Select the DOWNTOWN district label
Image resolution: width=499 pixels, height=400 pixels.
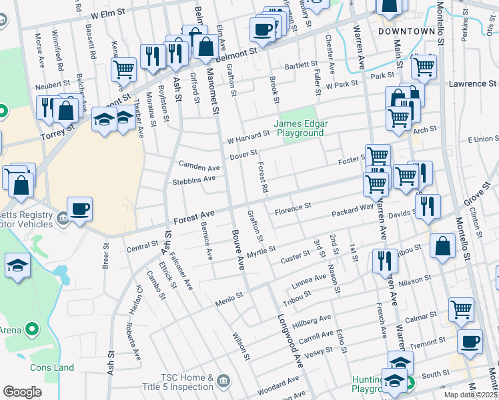point(402,31)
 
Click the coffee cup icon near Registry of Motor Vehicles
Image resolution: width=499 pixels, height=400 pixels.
point(79,209)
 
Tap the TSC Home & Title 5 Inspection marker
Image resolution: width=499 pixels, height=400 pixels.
point(223,381)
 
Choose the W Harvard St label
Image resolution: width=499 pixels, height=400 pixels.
point(248,137)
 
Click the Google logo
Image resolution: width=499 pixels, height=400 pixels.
point(22,392)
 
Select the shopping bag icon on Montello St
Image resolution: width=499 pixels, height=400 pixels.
point(443,246)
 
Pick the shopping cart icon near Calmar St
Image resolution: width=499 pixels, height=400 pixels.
point(461,309)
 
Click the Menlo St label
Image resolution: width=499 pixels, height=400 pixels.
point(229,298)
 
